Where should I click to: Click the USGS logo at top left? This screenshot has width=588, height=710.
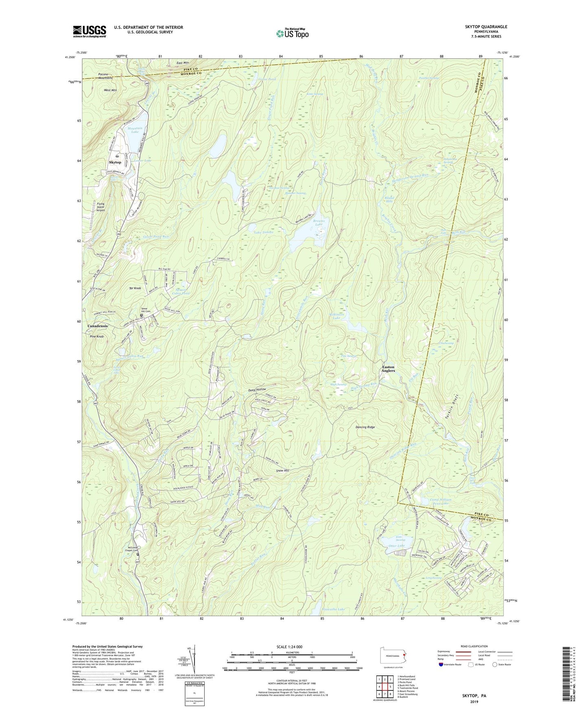tap(90, 31)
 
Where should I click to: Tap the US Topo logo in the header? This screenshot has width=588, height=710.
tap(292, 33)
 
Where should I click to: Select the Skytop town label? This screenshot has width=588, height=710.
tap(115, 162)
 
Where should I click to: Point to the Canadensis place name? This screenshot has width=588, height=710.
tap(98, 326)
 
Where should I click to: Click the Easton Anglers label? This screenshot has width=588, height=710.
tap(388, 369)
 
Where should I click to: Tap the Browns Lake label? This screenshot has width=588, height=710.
tap(319, 222)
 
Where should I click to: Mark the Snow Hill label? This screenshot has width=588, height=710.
tap(282, 470)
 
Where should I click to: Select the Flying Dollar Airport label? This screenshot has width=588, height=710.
tap(101, 207)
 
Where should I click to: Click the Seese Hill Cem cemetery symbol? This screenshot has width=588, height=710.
tap(142, 316)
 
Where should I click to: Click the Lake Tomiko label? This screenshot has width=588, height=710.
tap(264, 232)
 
